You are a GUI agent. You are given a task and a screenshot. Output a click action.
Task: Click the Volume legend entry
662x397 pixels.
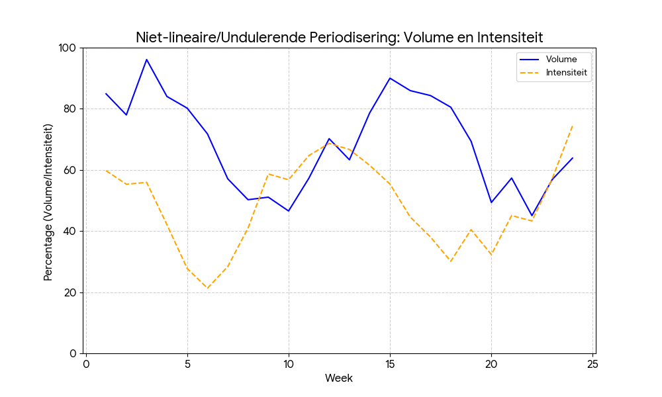coord(548,60)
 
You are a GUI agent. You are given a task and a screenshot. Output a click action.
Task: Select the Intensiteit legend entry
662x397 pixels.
coord(553,73)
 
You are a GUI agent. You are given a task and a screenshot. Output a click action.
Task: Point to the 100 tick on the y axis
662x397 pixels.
coord(67,48)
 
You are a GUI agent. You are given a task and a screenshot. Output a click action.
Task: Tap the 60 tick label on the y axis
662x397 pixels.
coord(70,171)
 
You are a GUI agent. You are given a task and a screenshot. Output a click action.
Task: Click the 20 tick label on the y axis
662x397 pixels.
coord(70,293)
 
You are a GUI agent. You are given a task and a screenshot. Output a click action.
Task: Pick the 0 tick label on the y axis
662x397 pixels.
coord(73,353)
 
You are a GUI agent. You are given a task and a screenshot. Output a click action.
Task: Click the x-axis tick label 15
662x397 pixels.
coord(390,364)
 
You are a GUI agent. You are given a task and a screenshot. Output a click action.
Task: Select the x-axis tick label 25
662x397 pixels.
coord(592,364)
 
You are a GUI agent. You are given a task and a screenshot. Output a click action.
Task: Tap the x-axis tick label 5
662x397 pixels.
coord(187,364)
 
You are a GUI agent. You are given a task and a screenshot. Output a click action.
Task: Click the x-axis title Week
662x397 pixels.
coord(338,378)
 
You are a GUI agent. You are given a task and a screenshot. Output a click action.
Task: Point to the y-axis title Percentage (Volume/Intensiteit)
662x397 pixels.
coord(48,202)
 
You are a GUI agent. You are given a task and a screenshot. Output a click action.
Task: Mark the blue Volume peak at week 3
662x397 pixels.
coord(146,60)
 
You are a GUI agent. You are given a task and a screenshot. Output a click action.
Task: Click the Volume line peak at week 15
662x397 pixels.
coord(390,78)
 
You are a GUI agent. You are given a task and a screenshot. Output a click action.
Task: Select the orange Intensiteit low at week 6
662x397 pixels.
coord(207,288)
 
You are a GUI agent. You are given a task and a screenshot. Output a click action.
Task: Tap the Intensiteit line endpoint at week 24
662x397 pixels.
coord(572,126)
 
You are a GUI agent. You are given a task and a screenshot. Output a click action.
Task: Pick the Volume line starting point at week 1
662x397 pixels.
coord(106,94)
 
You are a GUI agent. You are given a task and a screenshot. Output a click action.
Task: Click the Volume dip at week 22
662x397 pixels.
coord(532,216)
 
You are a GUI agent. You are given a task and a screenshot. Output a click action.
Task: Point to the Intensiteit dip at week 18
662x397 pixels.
coord(451,261)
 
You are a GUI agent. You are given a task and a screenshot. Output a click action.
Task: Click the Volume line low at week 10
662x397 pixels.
coord(289,211)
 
